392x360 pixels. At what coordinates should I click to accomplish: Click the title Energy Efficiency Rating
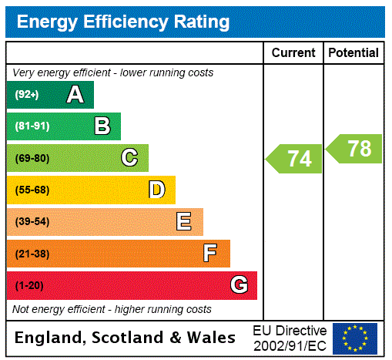pyautogui.click(x=123, y=22)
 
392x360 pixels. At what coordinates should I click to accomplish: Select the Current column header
pyautogui.click(x=293, y=52)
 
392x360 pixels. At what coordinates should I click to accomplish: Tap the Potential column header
pyautogui.click(x=353, y=52)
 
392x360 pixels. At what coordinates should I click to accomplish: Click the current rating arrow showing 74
pyautogui.click(x=295, y=159)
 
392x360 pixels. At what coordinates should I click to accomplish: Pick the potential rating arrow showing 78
pyautogui.click(x=355, y=149)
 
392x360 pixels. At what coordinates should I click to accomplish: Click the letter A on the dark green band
pyautogui.click(x=75, y=95)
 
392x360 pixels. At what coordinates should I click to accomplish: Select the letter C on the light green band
pyautogui.click(x=129, y=158)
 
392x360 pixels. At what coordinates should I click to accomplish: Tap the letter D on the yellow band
pyautogui.click(x=156, y=190)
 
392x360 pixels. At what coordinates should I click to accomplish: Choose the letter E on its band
pyautogui.click(x=183, y=222)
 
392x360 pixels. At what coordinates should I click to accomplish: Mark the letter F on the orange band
pyautogui.click(x=210, y=254)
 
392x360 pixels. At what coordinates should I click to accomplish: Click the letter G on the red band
pyautogui.click(x=239, y=285)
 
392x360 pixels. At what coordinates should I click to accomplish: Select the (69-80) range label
pyautogui.click(x=32, y=159)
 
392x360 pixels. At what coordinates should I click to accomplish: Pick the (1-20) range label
pyautogui.click(x=29, y=286)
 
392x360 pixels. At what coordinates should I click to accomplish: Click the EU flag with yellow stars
pyautogui.click(x=355, y=338)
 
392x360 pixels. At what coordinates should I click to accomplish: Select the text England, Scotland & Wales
pyautogui.click(x=126, y=338)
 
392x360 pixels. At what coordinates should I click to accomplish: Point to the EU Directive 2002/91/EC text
pyautogui.click(x=290, y=338)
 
